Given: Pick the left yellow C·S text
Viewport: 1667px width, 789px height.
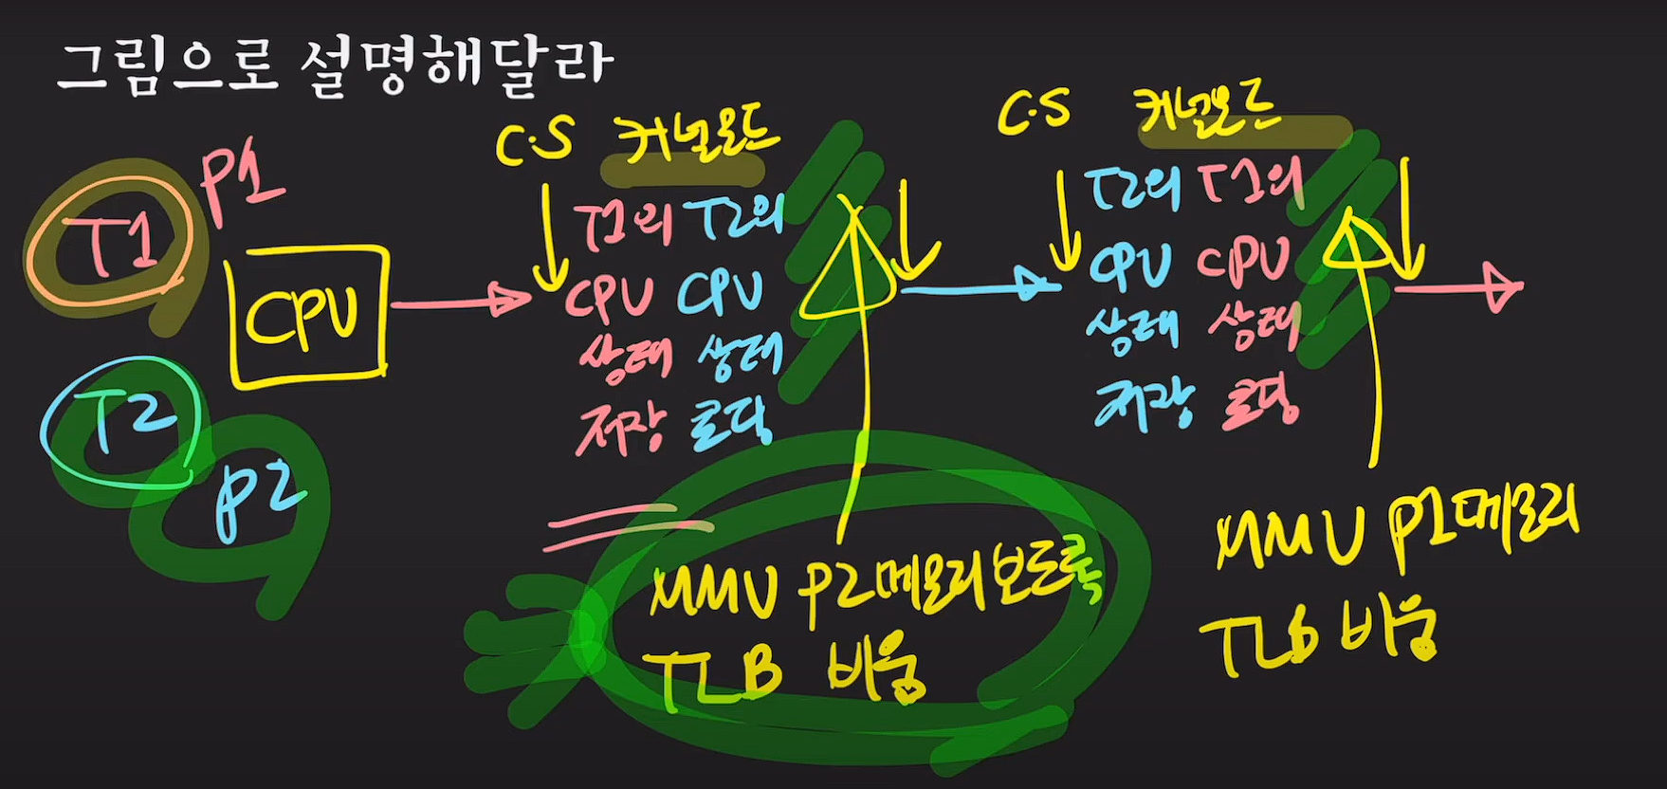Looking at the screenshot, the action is pyautogui.click(x=535, y=143).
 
